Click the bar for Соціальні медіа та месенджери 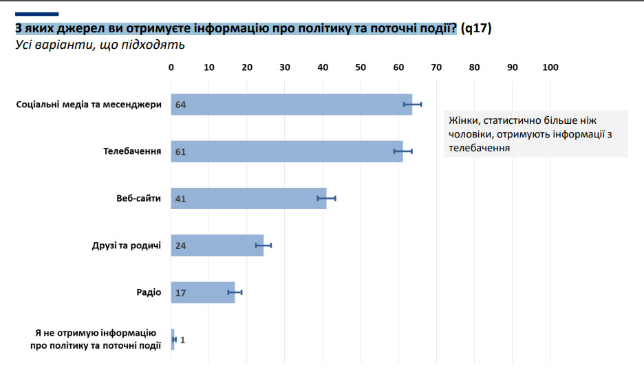[289, 105]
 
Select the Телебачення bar [286, 151]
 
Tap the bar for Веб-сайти [248, 198]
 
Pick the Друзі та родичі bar [217, 246]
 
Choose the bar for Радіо [203, 292]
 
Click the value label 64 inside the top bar [181, 105]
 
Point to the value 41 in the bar [181, 199]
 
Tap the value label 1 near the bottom [183, 340]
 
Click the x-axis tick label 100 [550, 67]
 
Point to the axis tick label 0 [171, 67]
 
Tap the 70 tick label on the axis [436, 67]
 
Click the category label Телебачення [133, 151]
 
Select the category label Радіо [149, 292]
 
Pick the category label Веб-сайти [138, 198]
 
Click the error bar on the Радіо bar [235, 292]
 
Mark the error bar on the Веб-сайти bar [326, 198]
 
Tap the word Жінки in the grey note [463, 120]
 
